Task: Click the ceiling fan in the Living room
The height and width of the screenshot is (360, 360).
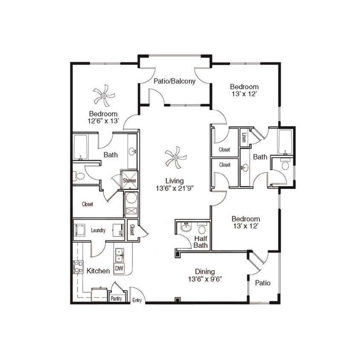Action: pyautogui.click(x=175, y=157)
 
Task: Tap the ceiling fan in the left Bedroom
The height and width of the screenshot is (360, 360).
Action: pyautogui.click(x=104, y=96)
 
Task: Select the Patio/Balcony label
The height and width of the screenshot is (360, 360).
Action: pyautogui.click(x=174, y=81)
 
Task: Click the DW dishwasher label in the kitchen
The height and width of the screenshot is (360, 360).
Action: pyautogui.click(x=119, y=268)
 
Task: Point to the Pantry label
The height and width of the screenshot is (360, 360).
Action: pyautogui.click(x=116, y=299)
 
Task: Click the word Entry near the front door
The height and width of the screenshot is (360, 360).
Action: pyautogui.click(x=137, y=300)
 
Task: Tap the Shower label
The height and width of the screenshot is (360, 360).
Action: pyautogui.click(x=129, y=180)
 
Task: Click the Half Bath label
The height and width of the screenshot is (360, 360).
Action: pyautogui.click(x=201, y=242)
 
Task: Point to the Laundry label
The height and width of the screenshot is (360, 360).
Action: pyautogui.click(x=98, y=230)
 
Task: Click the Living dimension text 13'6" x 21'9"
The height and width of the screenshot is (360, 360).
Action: pyautogui.click(x=175, y=188)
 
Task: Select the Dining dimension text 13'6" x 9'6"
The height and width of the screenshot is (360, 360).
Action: pyautogui.click(x=205, y=279)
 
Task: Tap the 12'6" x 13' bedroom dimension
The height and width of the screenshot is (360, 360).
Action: pyautogui.click(x=103, y=121)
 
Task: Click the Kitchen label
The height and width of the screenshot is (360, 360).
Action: pyautogui.click(x=98, y=270)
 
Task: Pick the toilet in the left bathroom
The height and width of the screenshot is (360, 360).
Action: pyautogui.click(x=79, y=176)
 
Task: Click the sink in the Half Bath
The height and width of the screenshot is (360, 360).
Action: pyautogui.click(x=186, y=228)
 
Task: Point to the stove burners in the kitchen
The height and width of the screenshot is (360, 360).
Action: pyautogui.click(x=78, y=267)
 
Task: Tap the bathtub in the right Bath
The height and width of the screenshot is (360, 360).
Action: pyautogui.click(x=285, y=142)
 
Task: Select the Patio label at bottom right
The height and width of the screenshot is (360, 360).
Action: pyautogui.click(x=262, y=283)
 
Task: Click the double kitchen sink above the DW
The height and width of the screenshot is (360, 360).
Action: pyautogui.click(x=119, y=255)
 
